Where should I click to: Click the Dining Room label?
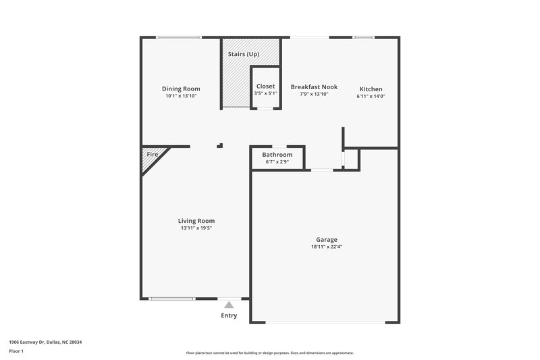click(x=181, y=88)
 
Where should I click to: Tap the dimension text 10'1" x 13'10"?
click(x=181, y=96)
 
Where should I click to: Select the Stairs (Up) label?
click(x=244, y=53)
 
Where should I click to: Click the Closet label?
click(x=265, y=86)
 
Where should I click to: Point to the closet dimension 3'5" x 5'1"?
click(x=265, y=93)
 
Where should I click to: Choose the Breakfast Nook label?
click(x=314, y=87)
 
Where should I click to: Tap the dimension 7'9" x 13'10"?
click(x=314, y=95)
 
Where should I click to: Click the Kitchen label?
click(x=371, y=89)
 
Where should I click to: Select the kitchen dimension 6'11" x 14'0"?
click(x=371, y=96)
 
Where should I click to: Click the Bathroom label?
click(x=277, y=155)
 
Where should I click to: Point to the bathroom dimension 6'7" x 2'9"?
click(x=277, y=161)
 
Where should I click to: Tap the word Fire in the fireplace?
click(x=152, y=155)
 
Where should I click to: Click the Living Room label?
click(x=196, y=221)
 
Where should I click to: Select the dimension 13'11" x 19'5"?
click(x=196, y=228)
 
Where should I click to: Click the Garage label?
click(x=327, y=240)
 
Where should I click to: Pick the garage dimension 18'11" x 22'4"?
click(x=327, y=247)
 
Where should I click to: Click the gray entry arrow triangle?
click(x=229, y=305)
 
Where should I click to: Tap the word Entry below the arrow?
click(x=229, y=315)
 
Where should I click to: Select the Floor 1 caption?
click(x=17, y=352)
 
